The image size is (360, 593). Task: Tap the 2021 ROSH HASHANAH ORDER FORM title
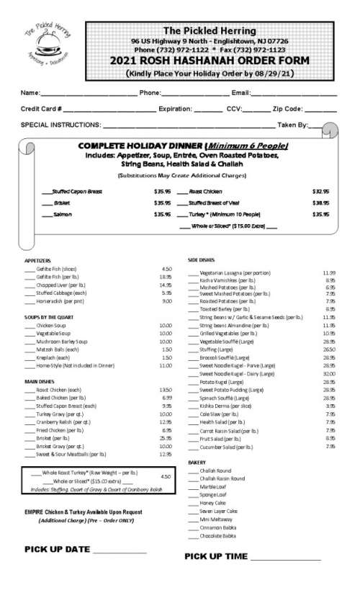(209, 61)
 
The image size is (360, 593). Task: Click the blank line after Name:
(89, 94)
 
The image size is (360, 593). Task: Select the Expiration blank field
(207, 110)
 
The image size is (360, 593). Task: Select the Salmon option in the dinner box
(62, 214)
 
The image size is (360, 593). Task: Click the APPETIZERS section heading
(37, 259)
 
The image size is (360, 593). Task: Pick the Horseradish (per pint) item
(57, 301)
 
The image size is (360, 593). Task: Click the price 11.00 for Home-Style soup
(165, 365)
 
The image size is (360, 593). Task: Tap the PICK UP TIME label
(215, 557)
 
